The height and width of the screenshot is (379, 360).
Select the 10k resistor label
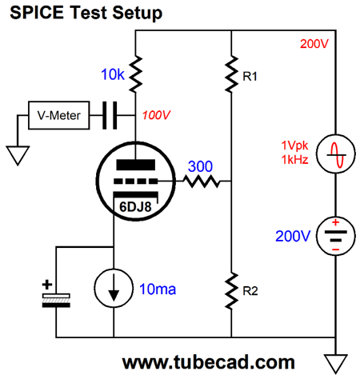(113, 74)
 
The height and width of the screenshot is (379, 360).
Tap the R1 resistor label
(250, 77)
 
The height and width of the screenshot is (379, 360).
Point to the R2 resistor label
(250, 291)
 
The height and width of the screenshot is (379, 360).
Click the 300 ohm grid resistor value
(200, 166)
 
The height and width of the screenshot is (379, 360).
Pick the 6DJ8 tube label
(135, 207)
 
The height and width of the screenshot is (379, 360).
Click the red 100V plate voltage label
(156, 115)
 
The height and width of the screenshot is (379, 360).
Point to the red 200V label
(314, 44)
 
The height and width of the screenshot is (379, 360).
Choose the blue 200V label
(293, 236)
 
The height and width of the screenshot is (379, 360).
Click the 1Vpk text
(294, 146)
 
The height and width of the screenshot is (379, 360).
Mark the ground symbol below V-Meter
(18, 156)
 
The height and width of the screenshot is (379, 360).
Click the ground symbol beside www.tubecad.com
(335, 364)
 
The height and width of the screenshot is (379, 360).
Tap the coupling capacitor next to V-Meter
(110, 115)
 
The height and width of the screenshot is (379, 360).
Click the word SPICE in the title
(37, 13)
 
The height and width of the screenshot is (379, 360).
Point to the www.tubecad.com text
(209, 362)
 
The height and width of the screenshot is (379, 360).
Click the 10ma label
(158, 289)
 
